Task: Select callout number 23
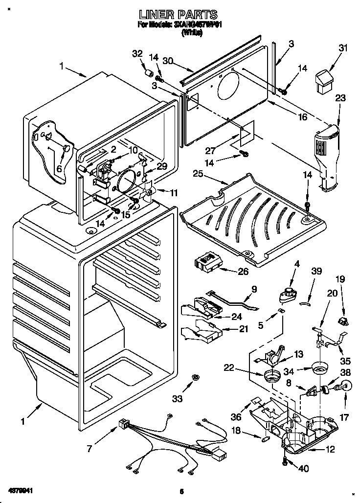[x=340, y=98]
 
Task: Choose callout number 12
[x=331, y=450]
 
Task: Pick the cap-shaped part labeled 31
[x=322, y=80]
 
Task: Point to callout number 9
[x=254, y=289]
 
